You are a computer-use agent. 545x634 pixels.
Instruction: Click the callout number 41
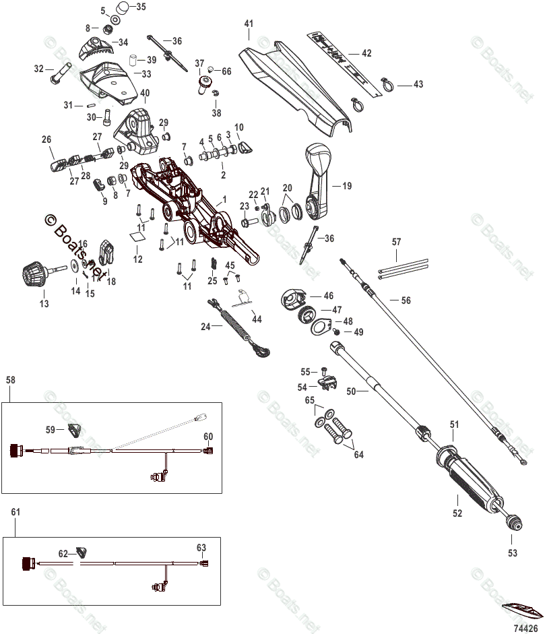(x=249, y=24)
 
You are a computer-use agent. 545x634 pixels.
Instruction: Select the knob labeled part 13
(x=34, y=274)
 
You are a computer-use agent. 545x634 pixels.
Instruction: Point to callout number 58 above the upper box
(x=9, y=380)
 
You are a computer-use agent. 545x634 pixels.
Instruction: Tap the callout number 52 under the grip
(x=457, y=513)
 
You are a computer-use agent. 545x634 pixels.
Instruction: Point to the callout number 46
(x=328, y=296)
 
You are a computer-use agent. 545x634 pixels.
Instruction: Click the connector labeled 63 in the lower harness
(x=205, y=563)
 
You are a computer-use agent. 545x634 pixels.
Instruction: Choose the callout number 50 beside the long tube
(x=351, y=390)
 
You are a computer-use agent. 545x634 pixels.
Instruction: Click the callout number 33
(x=145, y=73)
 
